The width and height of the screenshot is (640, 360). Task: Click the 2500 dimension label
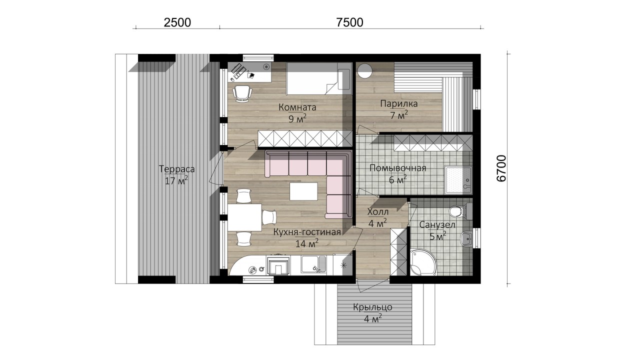[x=177, y=22]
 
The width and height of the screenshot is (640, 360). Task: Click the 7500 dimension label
[x=349, y=22]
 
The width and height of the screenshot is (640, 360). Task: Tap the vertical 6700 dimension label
[x=501, y=168]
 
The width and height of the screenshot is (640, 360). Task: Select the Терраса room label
[x=177, y=169]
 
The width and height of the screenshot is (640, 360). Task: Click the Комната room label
[x=297, y=107]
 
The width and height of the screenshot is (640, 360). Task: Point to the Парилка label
[x=399, y=103]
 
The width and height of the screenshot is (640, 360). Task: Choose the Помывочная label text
[x=397, y=168]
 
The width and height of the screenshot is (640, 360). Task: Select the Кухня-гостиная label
[x=307, y=232]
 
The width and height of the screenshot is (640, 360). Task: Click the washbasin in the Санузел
[x=466, y=238]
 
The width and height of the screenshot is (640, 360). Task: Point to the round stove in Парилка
[x=365, y=70]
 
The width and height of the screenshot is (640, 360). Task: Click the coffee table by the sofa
[x=303, y=191]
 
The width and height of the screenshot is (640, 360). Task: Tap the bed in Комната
[x=319, y=78]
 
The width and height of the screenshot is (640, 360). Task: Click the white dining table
[x=244, y=217]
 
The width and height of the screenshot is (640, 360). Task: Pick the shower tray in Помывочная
[x=458, y=180]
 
